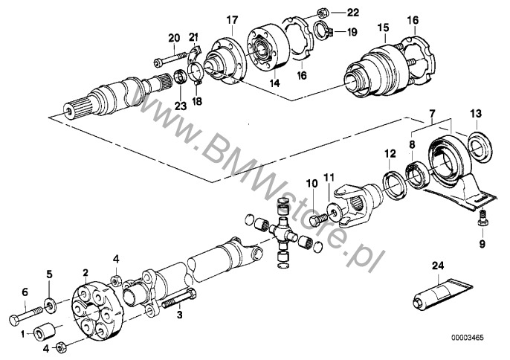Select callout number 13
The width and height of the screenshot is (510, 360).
pos(476,113)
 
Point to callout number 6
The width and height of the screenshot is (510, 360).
pos(25,292)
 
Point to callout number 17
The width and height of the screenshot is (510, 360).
pos(231,19)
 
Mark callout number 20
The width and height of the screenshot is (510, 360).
pos(173,38)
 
